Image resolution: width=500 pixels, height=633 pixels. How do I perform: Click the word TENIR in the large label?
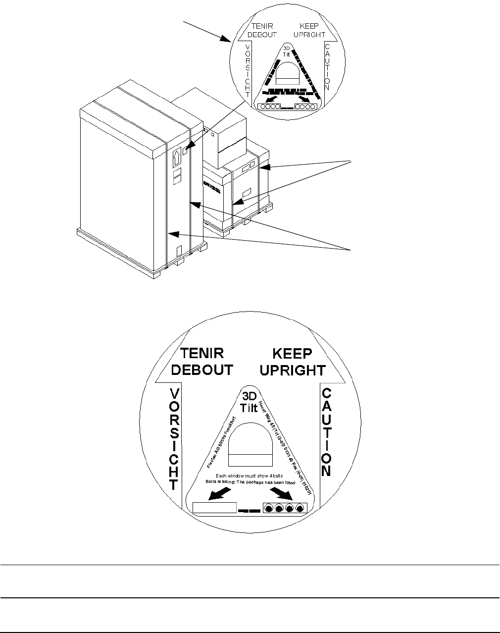[x=201, y=353]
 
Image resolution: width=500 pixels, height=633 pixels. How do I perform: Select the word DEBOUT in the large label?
[x=206, y=370]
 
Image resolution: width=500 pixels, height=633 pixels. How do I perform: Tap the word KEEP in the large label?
[x=293, y=354]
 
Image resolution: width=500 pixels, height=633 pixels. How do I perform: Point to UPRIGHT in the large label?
[x=294, y=370]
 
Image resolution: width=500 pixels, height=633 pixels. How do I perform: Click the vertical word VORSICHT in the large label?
[x=174, y=438]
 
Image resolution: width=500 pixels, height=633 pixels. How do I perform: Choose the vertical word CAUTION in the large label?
[x=326, y=431]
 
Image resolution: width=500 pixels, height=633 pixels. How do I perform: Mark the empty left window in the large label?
[x=214, y=508]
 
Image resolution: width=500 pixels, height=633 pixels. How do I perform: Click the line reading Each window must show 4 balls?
[x=250, y=476]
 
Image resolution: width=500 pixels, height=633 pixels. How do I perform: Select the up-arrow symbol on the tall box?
[x=176, y=158]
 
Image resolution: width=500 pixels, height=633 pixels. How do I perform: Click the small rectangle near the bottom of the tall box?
[x=180, y=251]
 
